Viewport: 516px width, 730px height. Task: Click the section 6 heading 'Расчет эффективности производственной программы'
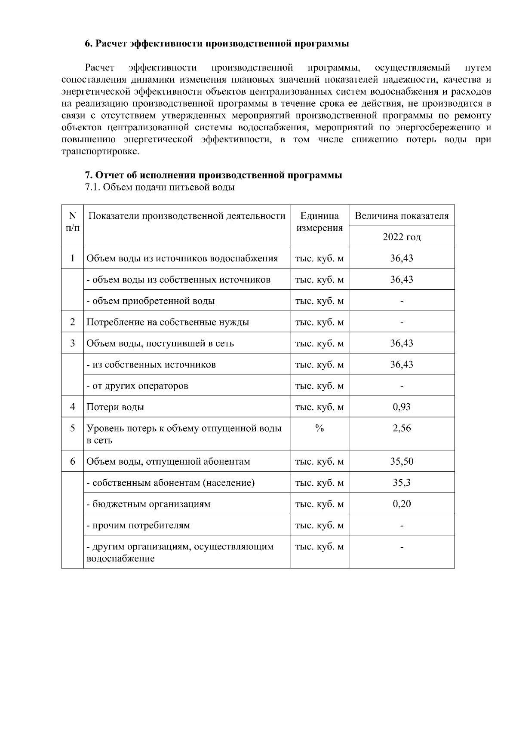(216, 44)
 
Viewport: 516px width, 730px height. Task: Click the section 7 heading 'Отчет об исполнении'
(213, 175)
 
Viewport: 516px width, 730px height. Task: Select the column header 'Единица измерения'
(319, 222)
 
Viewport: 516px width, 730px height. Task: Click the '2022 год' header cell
(402, 237)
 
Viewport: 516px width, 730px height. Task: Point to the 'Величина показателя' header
(402, 216)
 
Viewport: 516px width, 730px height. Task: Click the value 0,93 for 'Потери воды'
(402, 407)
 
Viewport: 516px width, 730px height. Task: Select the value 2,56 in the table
(402, 428)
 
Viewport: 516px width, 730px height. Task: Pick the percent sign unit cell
(319, 428)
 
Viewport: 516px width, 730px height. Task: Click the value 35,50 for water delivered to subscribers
(402, 461)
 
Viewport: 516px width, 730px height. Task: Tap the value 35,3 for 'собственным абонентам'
(402, 483)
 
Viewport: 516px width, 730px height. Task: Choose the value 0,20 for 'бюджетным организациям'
(402, 504)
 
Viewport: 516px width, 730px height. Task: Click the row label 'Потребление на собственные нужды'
(168, 322)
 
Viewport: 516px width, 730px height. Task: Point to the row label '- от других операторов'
(137, 386)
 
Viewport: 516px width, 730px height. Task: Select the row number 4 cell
(72, 407)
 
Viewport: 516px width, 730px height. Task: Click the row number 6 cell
(72, 461)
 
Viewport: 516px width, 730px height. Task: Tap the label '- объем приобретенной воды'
(150, 301)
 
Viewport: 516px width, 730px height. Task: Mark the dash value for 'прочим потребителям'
(402, 525)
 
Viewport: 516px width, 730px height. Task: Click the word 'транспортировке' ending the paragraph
(101, 152)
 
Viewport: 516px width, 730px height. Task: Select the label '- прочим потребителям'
(138, 525)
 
